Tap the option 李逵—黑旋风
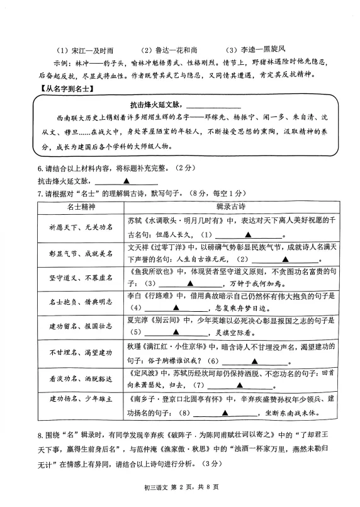256,49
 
